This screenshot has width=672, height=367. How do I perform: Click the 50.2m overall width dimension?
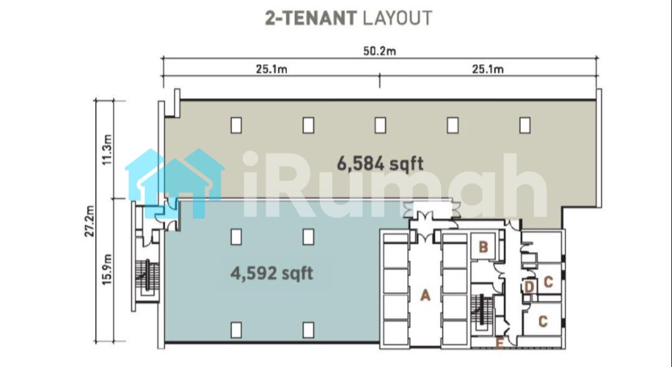pos(380,52)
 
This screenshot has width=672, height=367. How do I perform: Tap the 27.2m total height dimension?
pos(90,221)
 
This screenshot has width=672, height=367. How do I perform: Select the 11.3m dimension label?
pos(107,150)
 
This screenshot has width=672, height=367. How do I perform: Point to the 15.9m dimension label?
pos(107,270)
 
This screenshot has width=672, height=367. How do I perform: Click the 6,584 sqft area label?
pos(380,163)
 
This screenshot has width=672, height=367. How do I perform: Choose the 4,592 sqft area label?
pos(272,273)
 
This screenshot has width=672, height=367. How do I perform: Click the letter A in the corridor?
pos(425,295)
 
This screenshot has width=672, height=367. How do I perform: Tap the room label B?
pos(483,247)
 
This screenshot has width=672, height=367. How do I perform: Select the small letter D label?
pos(530,287)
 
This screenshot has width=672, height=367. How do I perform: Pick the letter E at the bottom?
pos(499,343)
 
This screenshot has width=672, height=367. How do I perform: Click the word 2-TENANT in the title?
pos(310,19)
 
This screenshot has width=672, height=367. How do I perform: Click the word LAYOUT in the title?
pos(397,19)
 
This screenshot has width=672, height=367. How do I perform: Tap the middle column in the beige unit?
pos(380,125)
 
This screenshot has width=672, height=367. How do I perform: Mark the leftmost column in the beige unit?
pos(236,125)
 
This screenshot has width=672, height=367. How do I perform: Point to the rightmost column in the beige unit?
pos(525,125)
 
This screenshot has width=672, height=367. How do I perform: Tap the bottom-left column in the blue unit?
pos(236,330)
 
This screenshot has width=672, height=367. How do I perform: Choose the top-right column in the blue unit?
pos(308,237)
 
